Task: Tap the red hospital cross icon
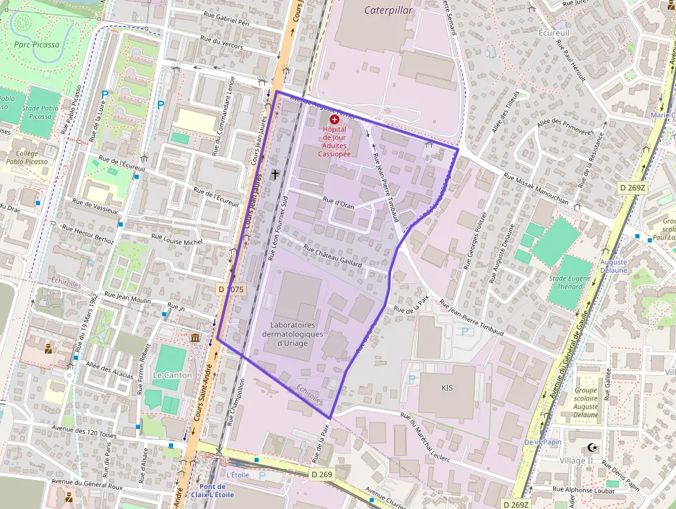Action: pos(335,119)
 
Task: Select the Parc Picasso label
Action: pos(37,45)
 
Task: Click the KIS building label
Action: pos(447,388)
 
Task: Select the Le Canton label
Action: pos(172,375)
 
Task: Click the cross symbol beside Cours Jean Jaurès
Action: pos(275,175)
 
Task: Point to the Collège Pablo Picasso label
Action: pos(27,157)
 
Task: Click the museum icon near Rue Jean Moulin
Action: pos(196,338)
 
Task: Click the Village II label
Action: pos(576,461)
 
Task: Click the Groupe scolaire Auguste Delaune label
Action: pos(586,403)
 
